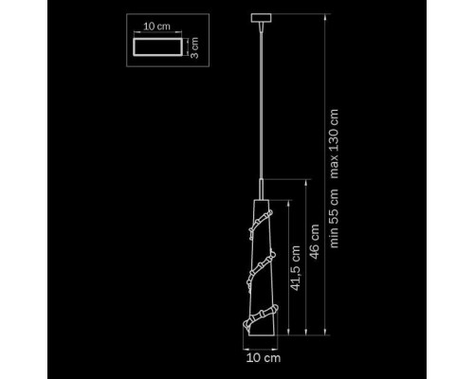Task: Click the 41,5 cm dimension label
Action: click(x=295, y=268)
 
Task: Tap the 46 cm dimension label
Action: click(x=315, y=242)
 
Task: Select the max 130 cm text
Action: click(x=334, y=144)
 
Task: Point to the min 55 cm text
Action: click(x=334, y=218)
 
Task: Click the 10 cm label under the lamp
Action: click(x=264, y=358)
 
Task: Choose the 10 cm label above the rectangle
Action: click(x=157, y=27)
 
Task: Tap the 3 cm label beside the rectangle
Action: click(x=194, y=47)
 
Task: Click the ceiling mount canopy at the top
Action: click(x=261, y=18)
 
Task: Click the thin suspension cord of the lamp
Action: click(x=261, y=105)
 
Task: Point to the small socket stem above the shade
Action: click(x=262, y=189)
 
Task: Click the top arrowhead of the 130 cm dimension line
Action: click(x=325, y=16)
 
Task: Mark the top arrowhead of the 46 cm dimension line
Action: click(x=306, y=182)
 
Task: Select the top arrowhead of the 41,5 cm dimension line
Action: click(x=288, y=203)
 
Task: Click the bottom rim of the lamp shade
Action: click(x=263, y=335)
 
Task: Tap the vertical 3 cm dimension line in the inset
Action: click(x=188, y=47)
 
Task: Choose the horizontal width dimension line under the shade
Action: click(x=260, y=350)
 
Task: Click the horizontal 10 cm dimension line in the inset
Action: click(x=157, y=32)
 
